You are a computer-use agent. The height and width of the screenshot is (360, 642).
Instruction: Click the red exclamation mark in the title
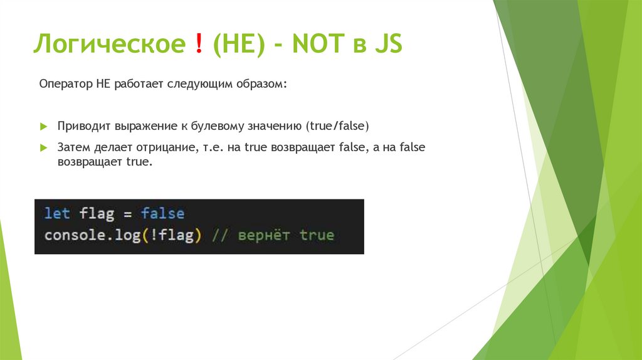[199, 45]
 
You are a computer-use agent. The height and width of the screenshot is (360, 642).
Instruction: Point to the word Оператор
[66, 84]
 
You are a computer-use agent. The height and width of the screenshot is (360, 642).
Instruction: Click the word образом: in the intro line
[261, 84]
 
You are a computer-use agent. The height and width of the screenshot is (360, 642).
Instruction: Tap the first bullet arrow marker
[44, 126]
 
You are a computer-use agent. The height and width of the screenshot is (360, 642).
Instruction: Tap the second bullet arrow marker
[44, 147]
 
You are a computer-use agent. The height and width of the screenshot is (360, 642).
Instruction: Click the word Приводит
[84, 126]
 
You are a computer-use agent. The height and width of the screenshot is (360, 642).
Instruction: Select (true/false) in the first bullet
[338, 126]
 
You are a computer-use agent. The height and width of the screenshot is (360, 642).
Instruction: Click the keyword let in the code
[57, 213]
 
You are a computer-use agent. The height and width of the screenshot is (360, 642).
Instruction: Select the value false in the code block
[162, 213]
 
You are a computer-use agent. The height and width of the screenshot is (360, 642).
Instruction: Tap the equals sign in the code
[127, 214]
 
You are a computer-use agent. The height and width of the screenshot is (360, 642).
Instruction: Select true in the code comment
[317, 236]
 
